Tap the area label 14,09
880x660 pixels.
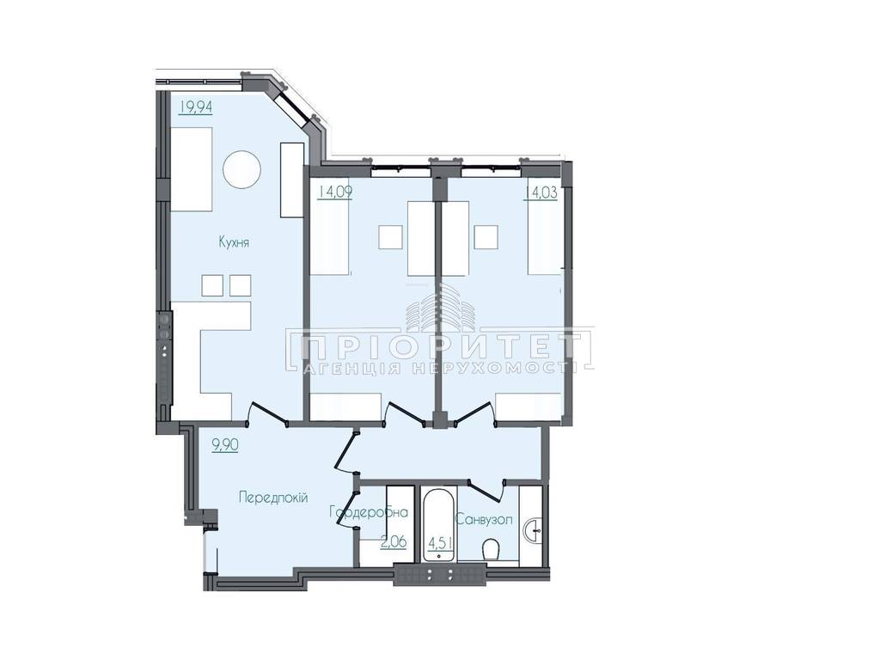pyautogui.click(x=335, y=192)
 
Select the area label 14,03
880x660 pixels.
pyautogui.click(x=541, y=193)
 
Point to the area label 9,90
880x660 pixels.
pyautogui.click(x=225, y=445)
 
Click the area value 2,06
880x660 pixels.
pyautogui.click(x=394, y=542)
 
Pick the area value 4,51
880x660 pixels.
pyautogui.click(x=441, y=543)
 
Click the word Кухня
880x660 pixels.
pyautogui.click(x=234, y=242)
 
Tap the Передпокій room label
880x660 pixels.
pyautogui.click(x=273, y=498)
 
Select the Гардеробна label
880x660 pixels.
pyautogui.click(x=368, y=512)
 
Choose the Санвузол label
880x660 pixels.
pyautogui.click(x=485, y=520)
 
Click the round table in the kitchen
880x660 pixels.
pyautogui.click(x=241, y=169)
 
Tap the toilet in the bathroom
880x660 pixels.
pyautogui.click(x=492, y=549)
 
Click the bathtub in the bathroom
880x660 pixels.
pyautogui.click(x=438, y=525)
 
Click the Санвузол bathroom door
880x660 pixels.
pyautogui.click(x=486, y=488)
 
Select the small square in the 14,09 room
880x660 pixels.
pyautogui.click(x=391, y=237)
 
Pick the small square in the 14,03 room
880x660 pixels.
pyautogui.click(x=486, y=237)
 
